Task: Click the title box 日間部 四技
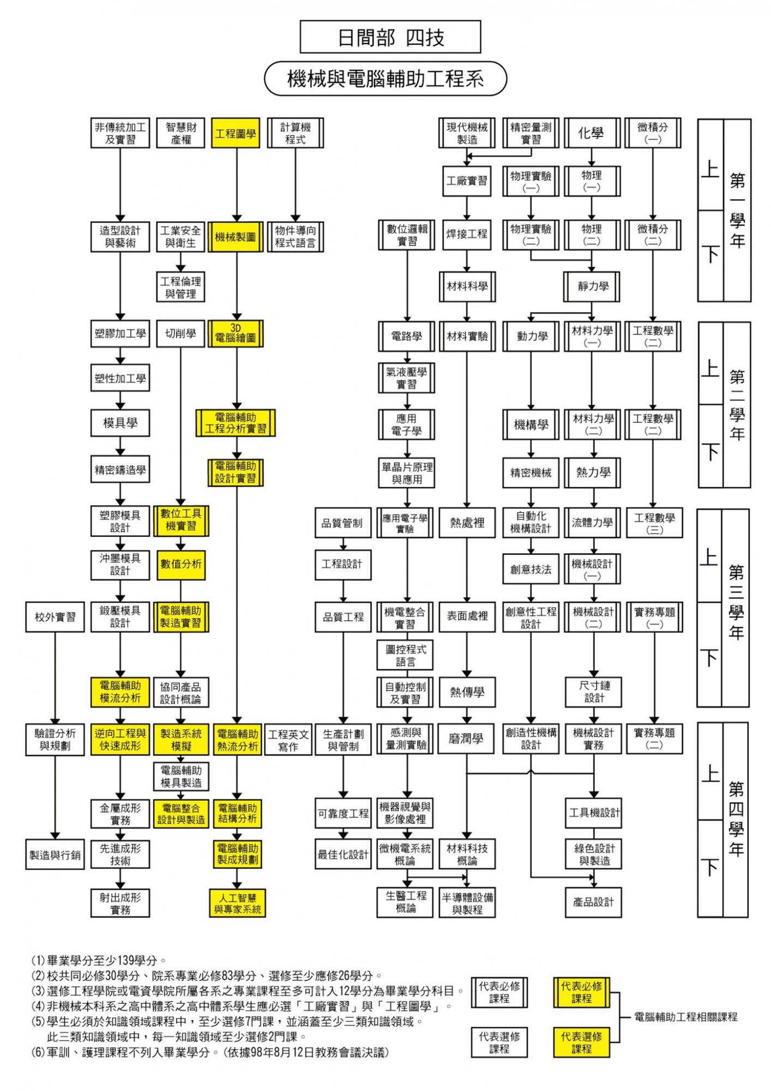pos(390,37)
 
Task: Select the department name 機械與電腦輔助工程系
pos(385,79)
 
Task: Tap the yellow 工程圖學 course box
pos(236,134)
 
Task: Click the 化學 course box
pos(592,134)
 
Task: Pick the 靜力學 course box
pos(592,287)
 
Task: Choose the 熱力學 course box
pos(593,472)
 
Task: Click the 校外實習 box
pos(55,617)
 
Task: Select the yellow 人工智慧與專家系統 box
pos(237,903)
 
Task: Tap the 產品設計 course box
pos(593,902)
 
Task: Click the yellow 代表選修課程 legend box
pos(581,1042)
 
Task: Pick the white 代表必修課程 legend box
pos(499,992)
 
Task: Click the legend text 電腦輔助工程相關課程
pos(686,1017)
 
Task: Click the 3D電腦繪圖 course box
pos(236,334)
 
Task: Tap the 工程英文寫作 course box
pos(288,740)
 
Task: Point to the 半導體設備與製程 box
pos(467,903)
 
